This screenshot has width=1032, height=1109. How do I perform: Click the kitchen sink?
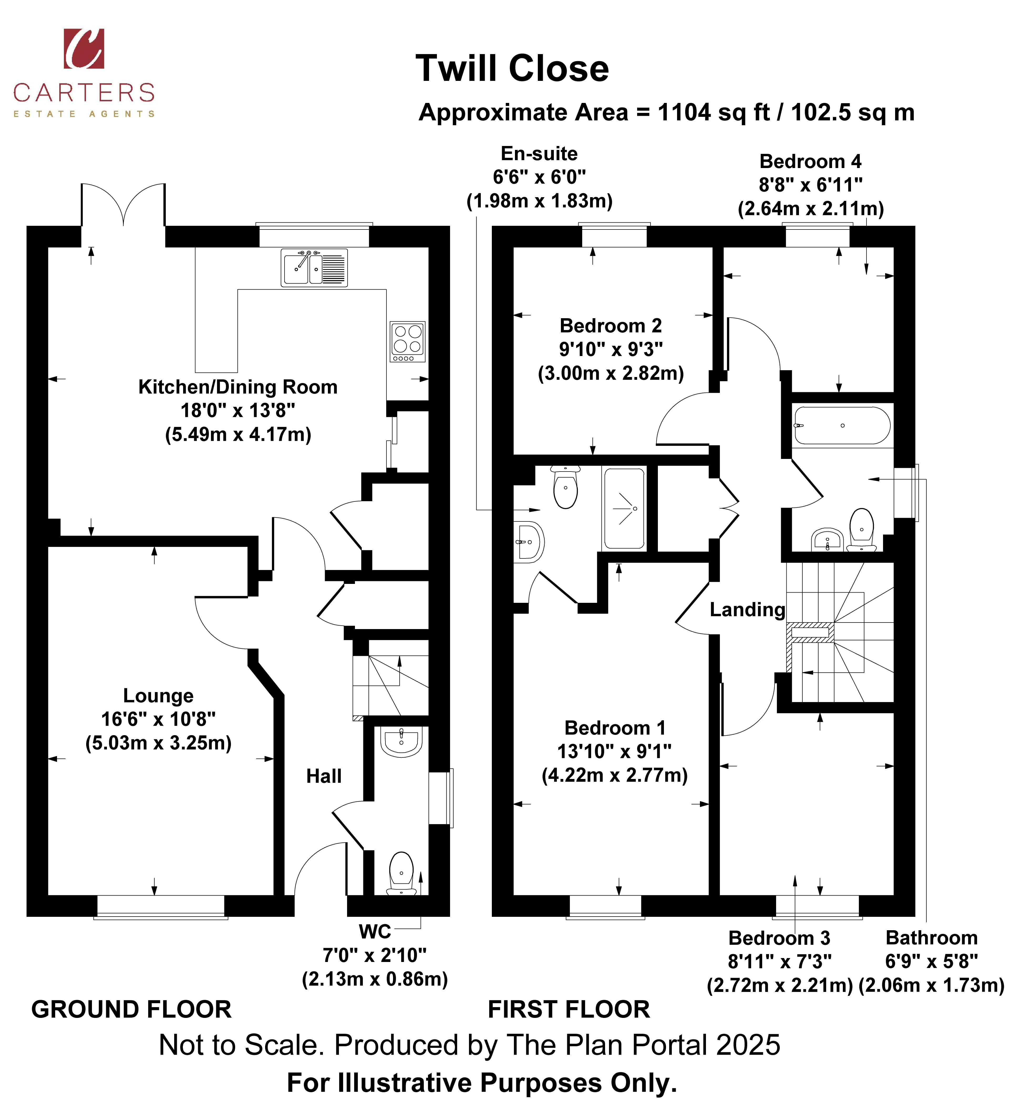click(314, 268)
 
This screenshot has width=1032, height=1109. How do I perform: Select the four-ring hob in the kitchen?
click(407, 341)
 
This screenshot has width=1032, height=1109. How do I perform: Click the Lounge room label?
click(158, 696)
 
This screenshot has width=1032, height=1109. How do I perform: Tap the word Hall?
click(324, 776)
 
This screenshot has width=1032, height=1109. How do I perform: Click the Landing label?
click(747, 610)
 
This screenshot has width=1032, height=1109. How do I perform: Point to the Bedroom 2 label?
click(611, 325)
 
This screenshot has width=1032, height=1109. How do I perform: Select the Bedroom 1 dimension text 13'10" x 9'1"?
click(614, 751)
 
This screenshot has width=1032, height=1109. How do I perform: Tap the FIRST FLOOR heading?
click(569, 1009)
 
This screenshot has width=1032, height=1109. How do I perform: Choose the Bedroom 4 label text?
click(811, 161)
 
